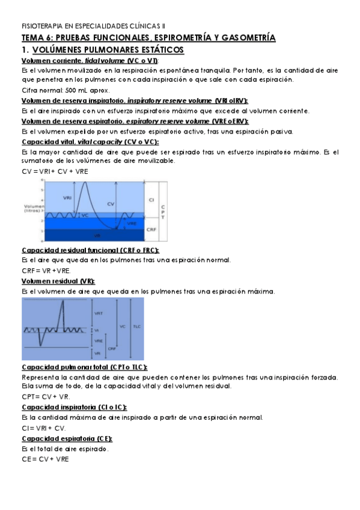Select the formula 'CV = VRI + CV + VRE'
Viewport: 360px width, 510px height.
coord(45,171)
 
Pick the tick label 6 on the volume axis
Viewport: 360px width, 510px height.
coord(41,180)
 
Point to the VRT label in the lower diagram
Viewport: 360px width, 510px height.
coord(98,313)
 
